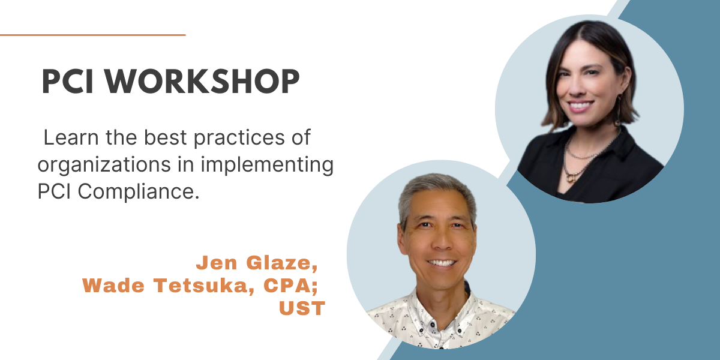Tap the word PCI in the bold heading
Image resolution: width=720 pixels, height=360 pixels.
pyautogui.click(x=67, y=82)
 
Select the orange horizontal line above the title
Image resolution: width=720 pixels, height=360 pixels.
pyautogui.click(x=93, y=35)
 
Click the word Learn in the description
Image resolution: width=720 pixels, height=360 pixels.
pyautogui.click(x=71, y=137)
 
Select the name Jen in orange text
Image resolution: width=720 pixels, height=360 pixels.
pyautogui.click(x=217, y=263)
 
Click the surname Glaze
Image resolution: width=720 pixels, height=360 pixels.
pyautogui.click(x=282, y=263)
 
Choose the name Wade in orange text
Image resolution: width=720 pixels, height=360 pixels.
pyautogui.click(x=113, y=286)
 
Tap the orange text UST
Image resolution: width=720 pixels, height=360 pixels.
pyautogui.click(x=302, y=308)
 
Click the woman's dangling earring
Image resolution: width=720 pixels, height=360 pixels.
pyautogui.click(x=618, y=111)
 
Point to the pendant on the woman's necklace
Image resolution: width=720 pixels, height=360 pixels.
pyautogui.click(x=571, y=177)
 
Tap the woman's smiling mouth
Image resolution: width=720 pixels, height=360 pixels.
pyautogui.click(x=580, y=106)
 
